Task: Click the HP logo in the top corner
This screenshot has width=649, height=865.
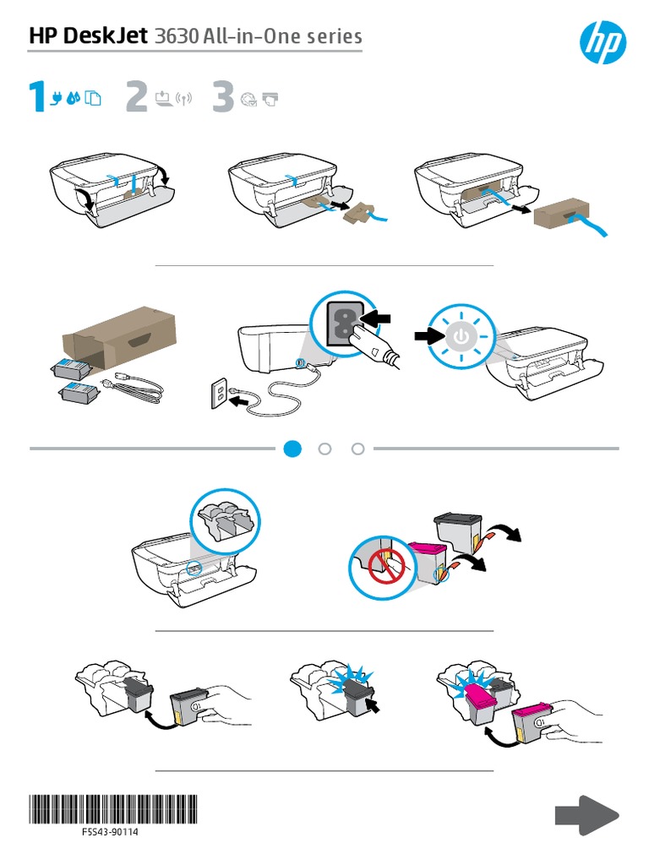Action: (x=600, y=41)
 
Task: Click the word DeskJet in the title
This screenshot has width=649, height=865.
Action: (x=110, y=36)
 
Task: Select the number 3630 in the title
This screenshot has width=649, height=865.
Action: (x=177, y=36)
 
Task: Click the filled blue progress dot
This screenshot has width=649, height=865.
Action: (x=292, y=449)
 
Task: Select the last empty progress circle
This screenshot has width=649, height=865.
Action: (x=357, y=449)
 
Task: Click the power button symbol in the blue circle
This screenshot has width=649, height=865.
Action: (x=460, y=336)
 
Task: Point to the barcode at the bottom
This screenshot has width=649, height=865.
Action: (x=112, y=808)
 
